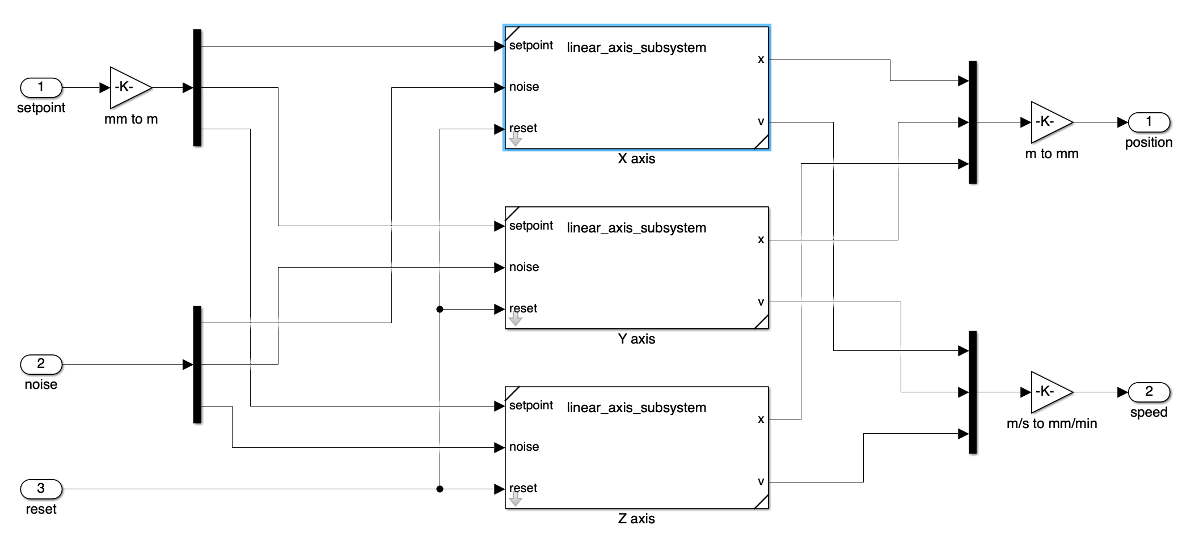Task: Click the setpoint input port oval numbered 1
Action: [41, 88]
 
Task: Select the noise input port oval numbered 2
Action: [41, 365]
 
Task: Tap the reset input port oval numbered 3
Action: [41, 489]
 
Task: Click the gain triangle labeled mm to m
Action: [128, 88]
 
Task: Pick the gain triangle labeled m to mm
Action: [1049, 122]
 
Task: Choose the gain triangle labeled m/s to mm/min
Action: [1049, 392]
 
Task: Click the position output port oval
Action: [1149, 122]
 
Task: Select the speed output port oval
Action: [1149, 392]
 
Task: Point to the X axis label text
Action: [636, 159]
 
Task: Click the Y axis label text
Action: [636, 339]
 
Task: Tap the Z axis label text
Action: [636, 519]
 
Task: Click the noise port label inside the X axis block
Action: [524, 87]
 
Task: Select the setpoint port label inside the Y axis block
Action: [531, 226]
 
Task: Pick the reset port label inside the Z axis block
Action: [523, 488]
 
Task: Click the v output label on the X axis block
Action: [761, 122]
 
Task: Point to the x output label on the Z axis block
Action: [761, 420]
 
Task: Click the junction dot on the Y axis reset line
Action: [440, 309]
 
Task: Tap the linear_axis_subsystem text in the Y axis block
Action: [636, 228]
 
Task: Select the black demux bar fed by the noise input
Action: [197, 365]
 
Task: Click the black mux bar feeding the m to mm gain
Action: [973, 122]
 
